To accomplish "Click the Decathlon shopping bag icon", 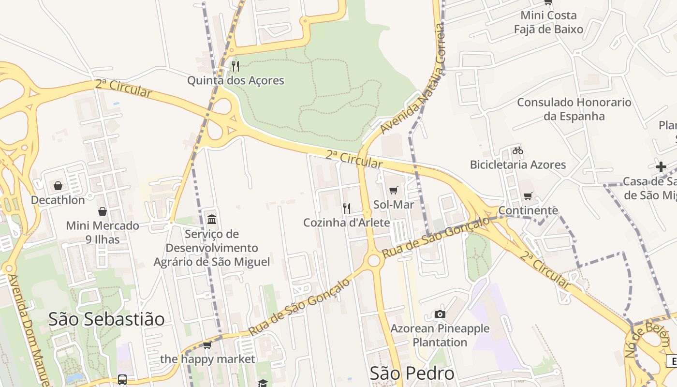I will click(x=58, y=186).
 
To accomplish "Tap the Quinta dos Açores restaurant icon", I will click(x=235, y=66).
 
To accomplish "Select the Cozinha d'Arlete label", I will click(x=346, y=223).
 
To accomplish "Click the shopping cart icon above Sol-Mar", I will click(x=394, y=190).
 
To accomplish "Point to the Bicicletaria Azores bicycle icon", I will click(x=518, y=150).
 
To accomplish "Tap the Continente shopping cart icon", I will click(x=528, y=196).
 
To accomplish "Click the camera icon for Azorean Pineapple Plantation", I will click(x=440, y=314).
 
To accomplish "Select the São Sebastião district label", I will click(x=106, y=319).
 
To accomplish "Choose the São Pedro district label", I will click(x=412, y=373).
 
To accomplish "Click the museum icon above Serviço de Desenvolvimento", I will click(x=212, y=220).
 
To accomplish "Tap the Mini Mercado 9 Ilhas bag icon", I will click(x=103, y=211).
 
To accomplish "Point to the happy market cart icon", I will click(x=207, y=345).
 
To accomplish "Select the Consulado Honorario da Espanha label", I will click(x=574, y=109).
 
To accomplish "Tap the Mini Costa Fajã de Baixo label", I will click(x=548, y=22).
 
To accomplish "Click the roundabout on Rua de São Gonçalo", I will click(x=374, y=261).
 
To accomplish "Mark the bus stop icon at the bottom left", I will click(x=122, y=380).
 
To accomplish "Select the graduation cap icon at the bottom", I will click(x=263, y=383).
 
